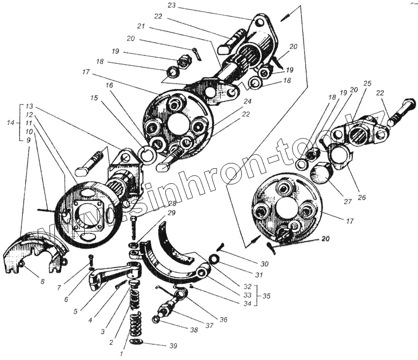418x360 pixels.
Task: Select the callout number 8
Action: [x=42, y=282]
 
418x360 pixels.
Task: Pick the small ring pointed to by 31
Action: [x=214, y=259]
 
